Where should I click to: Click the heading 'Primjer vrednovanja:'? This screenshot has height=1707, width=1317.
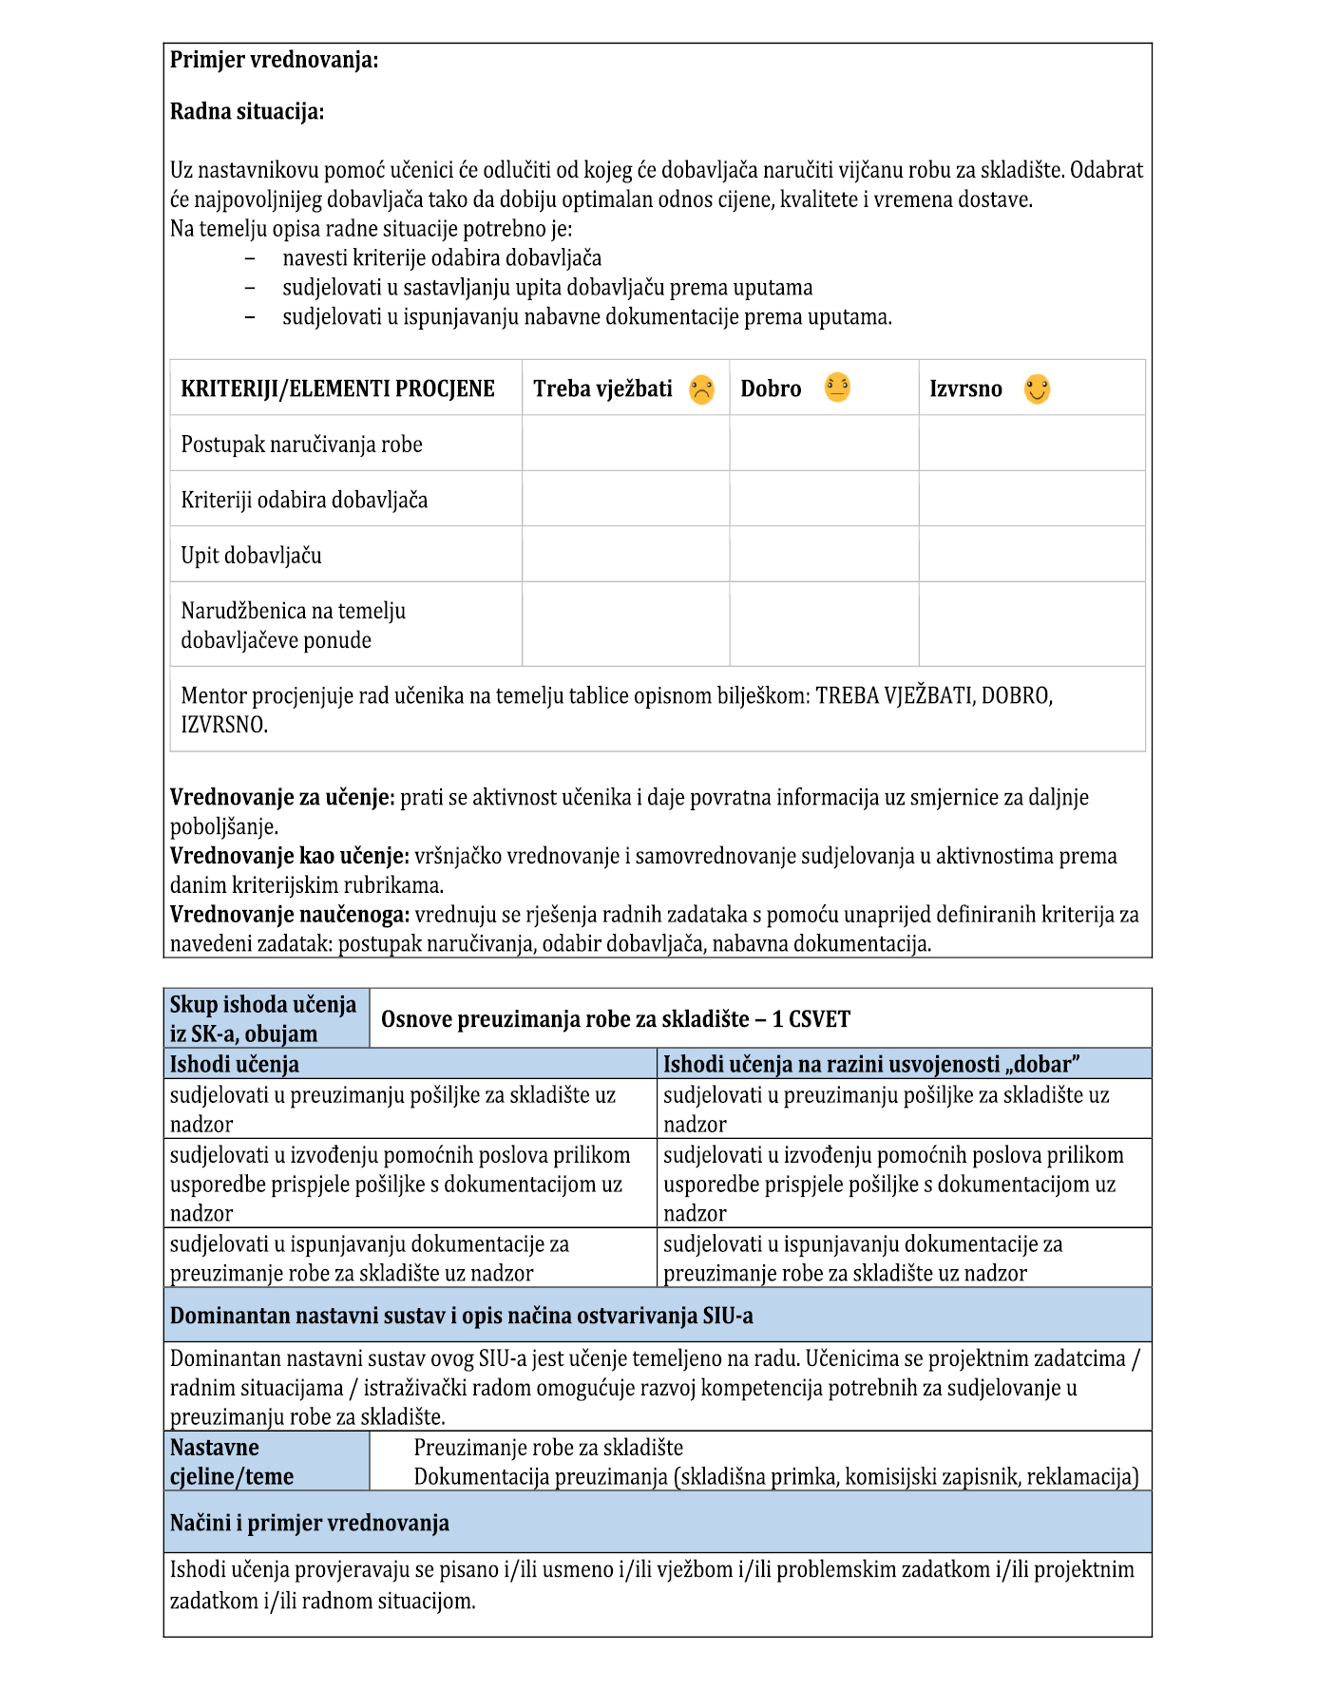[274, 61]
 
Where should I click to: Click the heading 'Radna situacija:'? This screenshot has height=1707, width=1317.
[247, 112]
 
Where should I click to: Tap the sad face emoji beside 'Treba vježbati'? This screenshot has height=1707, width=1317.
[701, 389]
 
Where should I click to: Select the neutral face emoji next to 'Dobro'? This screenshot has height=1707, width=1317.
[837, 388]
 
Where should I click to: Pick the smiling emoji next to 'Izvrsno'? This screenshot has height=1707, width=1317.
[1037, 389]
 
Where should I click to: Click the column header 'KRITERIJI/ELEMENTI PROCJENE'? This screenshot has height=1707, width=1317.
[337, 389]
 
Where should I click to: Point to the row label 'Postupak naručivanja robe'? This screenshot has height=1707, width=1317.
[301, 445]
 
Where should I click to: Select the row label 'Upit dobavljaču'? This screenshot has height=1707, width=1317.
[251, 556]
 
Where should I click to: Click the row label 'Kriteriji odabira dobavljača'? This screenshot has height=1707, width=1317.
[304, 501]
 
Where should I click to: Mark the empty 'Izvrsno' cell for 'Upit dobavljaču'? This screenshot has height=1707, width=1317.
[1031, 555]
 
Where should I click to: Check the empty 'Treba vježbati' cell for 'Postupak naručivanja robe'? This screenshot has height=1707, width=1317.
[625, 444]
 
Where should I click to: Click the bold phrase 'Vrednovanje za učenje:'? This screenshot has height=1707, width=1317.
[282, 798]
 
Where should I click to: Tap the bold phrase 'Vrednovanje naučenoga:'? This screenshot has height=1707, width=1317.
[290, 915]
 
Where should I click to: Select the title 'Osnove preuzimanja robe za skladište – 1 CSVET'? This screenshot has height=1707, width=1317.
[615, 1019]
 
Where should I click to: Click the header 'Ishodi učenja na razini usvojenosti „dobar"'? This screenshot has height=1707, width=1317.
[871, 1065]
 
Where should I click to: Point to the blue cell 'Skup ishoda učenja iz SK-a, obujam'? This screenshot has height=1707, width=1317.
[263, 1019]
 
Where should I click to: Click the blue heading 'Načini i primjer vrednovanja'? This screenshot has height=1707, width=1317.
[309, 1524]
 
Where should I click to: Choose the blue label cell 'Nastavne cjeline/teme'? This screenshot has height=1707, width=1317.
[232, 1462]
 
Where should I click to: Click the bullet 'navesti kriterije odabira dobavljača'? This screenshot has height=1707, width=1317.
[442, 258]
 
